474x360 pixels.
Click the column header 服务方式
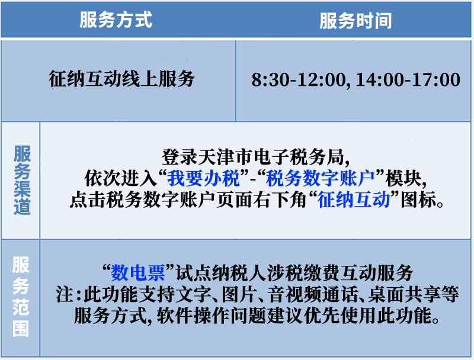point(116,20)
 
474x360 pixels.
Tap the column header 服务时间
point(355,21)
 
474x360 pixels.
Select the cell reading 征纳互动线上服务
point(121,79)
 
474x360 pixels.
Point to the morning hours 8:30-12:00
point(299,80)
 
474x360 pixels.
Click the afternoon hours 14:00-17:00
point(408,80)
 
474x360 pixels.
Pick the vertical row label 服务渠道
point(22,180)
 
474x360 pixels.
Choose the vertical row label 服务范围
point(21,297)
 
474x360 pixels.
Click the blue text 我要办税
point(203,178)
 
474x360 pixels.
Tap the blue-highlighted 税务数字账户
point(320,178)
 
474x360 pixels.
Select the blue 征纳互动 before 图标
point(354,200)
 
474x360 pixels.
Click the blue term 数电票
point(137,273)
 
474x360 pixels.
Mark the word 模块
point(403,178)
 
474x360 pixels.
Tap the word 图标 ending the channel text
point(419,200)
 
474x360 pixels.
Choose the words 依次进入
point(120,178)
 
